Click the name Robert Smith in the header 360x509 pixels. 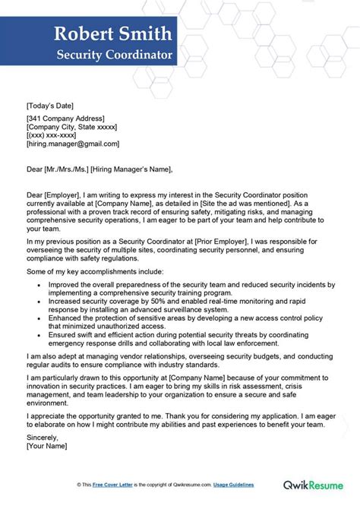click(x=113, y=36)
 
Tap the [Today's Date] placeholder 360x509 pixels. click(x=50, y=106)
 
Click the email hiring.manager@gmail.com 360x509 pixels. click(x=72, y=144)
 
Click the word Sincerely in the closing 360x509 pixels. click(x=43, y=438)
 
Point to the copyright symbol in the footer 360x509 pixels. click(x=79, y=484)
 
